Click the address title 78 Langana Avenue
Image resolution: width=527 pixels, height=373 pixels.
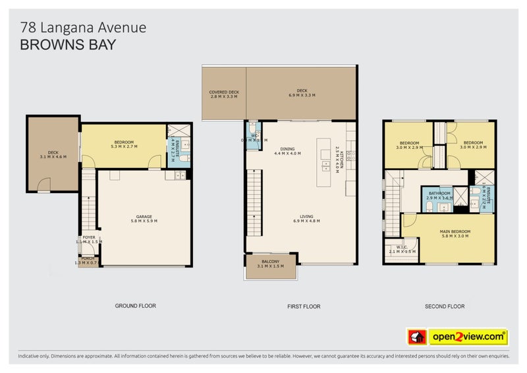point(83,28)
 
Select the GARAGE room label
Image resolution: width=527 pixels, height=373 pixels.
point(145,217)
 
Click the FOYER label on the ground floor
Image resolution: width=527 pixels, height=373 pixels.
point(88,239)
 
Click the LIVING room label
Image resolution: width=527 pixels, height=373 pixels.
point(306,218)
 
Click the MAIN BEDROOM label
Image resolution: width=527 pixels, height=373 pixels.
point(455,232)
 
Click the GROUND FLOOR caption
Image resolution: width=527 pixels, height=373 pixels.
point(135,306)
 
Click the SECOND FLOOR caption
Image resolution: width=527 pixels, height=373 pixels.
point(444,306)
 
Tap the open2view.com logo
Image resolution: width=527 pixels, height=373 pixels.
point(468,337)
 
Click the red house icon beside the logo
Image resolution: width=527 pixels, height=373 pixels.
point(416,337)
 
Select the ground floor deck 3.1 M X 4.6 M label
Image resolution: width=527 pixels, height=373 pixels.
point(53,156)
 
